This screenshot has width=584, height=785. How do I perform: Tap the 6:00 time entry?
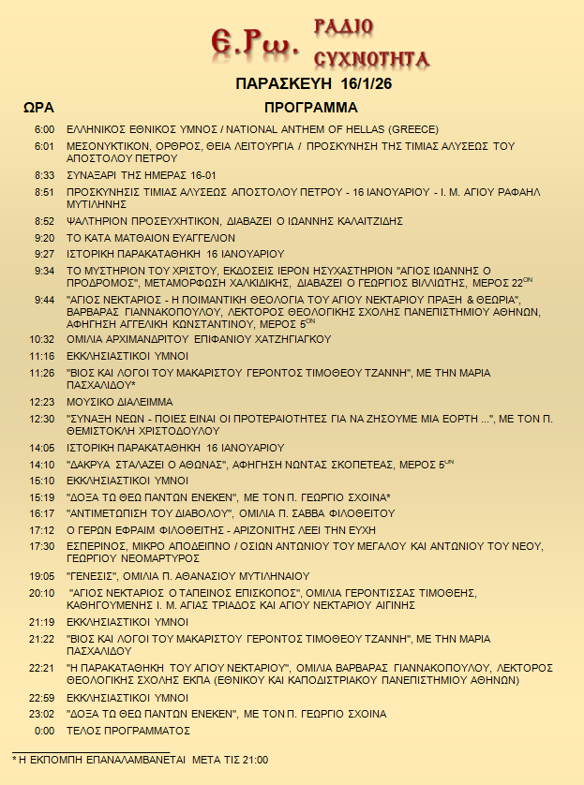tap(44, 129)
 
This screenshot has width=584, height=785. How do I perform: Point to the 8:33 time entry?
tap(44, 174)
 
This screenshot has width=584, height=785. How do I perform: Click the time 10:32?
tap(42, 338)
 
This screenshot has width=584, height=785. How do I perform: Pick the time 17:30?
tap(42, 545)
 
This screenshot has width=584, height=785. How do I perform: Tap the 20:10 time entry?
tap(42, 593)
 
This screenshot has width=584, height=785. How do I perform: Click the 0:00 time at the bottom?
tap(44, 730)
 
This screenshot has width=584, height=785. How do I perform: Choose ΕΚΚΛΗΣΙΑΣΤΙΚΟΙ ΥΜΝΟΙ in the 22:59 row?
tap(127, 698)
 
